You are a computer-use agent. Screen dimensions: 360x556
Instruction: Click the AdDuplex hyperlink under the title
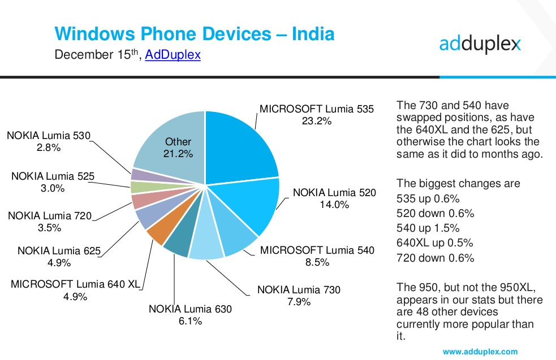pyautogui.click(x=173, y=55)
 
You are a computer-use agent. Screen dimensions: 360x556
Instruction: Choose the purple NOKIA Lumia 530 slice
pyautogui.click(x=140, y=175)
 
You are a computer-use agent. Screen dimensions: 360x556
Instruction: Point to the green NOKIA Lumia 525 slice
pyautogui.click(x=139, y=187)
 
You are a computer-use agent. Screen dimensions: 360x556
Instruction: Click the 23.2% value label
pyautogui.click(x=316, y=121)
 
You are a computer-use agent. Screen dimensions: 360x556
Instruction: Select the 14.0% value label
pyautogui.click(x=334, y=205)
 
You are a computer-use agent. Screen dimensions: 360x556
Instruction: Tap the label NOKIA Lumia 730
pyautogui.click(x=299, y=290)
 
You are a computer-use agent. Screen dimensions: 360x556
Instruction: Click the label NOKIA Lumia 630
pyautogui.click(x=190, y=309)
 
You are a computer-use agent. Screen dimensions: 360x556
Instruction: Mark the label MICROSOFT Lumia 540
pyautogui.click(x=317, y=250)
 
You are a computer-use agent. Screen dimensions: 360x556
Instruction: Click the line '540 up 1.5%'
pyautogui.click(x=428, y=228)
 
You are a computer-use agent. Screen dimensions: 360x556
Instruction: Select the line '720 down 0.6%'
pyautogui.click(x=435, y=258)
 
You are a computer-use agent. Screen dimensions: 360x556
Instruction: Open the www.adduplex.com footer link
pyautogui.click(x=480, y=352)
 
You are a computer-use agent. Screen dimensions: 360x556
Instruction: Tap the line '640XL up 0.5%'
pyautogui.click(x=434, y=243)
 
